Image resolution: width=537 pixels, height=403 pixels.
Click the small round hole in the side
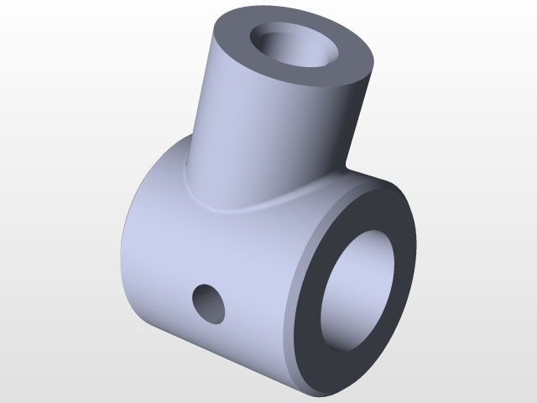click(x=209, y=304)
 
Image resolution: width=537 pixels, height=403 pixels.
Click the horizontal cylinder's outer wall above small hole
click(x=218, y=243)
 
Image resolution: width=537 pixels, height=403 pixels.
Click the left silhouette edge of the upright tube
click(x=201, y=109)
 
